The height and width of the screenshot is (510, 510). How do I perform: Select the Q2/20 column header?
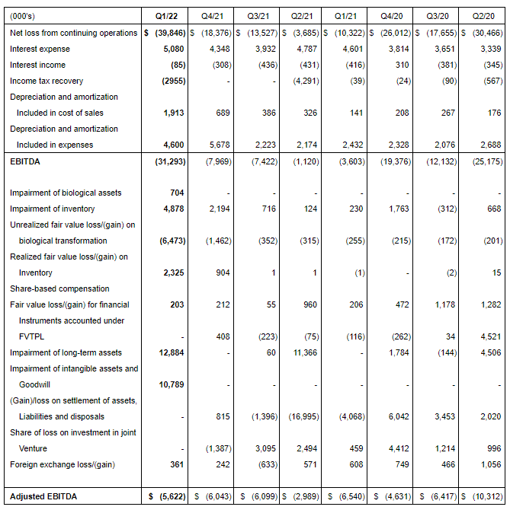coord(482,15)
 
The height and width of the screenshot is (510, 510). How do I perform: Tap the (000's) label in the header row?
coord(24,15)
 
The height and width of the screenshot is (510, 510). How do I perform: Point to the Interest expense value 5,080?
coord(173,49)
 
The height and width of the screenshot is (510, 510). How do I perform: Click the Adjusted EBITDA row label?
coord(43,496)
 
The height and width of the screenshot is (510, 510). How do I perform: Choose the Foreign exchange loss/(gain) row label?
coord(62,464)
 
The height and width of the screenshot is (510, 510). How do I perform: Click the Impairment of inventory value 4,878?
coord(173,209)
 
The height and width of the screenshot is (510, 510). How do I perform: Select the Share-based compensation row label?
coord(59,288)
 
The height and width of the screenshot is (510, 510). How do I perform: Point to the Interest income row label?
coord(37,65)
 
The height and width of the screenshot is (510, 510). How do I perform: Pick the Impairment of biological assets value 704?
coord(176,193)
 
